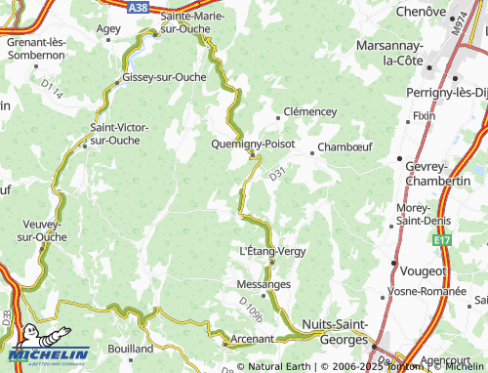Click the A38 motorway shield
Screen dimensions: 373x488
click(x=141, y=6)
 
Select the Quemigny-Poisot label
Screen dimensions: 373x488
click(x=253, y=143)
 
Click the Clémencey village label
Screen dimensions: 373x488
click(x=309, y=111)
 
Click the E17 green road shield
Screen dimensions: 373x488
click(x=443, y=239)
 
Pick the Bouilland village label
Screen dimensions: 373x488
click(x=131, y=348)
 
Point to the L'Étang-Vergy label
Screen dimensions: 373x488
click(x=272, y=251)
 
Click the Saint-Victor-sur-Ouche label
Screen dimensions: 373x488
click(x=119, y=133)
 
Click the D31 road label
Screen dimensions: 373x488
click(x=278, y=174)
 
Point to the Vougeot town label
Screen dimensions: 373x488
click(x=423, y=270)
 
